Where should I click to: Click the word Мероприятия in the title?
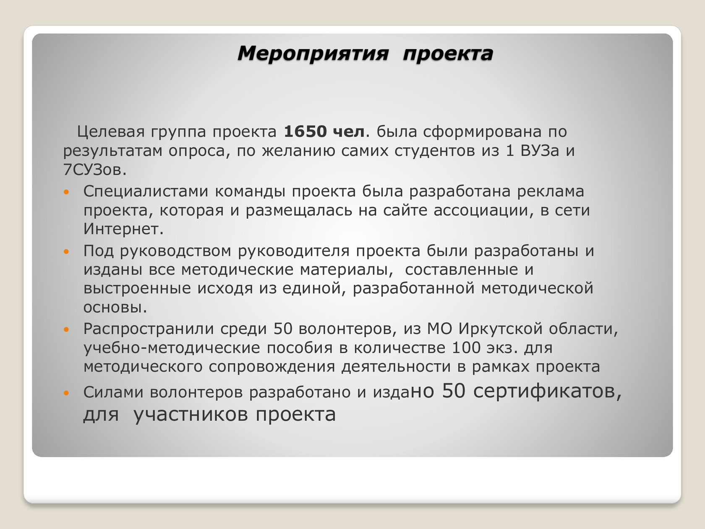[313, 54]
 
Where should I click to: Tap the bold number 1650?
[305, 132]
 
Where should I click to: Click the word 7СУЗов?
[95, 170]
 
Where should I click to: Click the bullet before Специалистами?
[66, 192]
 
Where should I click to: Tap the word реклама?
[551, 192]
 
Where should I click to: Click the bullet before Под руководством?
[66, 251]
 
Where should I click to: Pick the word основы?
[115, 308]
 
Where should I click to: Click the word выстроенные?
[137, 288]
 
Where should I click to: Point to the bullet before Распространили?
[66, 330]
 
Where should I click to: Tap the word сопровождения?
[272, 367]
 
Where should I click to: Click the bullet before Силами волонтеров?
[66, 393]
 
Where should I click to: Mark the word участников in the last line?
[191, 414]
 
